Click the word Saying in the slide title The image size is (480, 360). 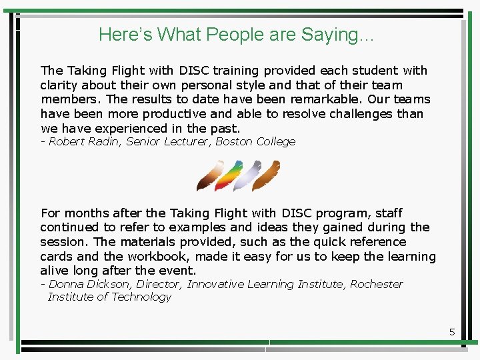(x=330, y=35)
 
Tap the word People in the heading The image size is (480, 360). (x=235, y=35)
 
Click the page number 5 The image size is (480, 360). (x=452, y=331)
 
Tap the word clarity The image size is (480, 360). (x=59, y=85)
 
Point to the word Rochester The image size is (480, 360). (x=377, y=284)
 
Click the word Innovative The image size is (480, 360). (x=215, y=284)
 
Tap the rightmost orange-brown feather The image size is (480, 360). (x=267, y=176)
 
